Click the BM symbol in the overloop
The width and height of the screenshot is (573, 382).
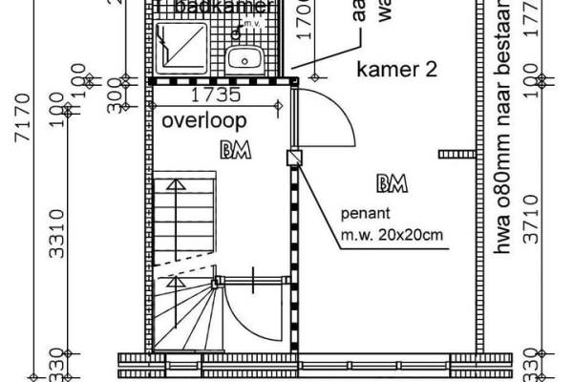231,150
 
